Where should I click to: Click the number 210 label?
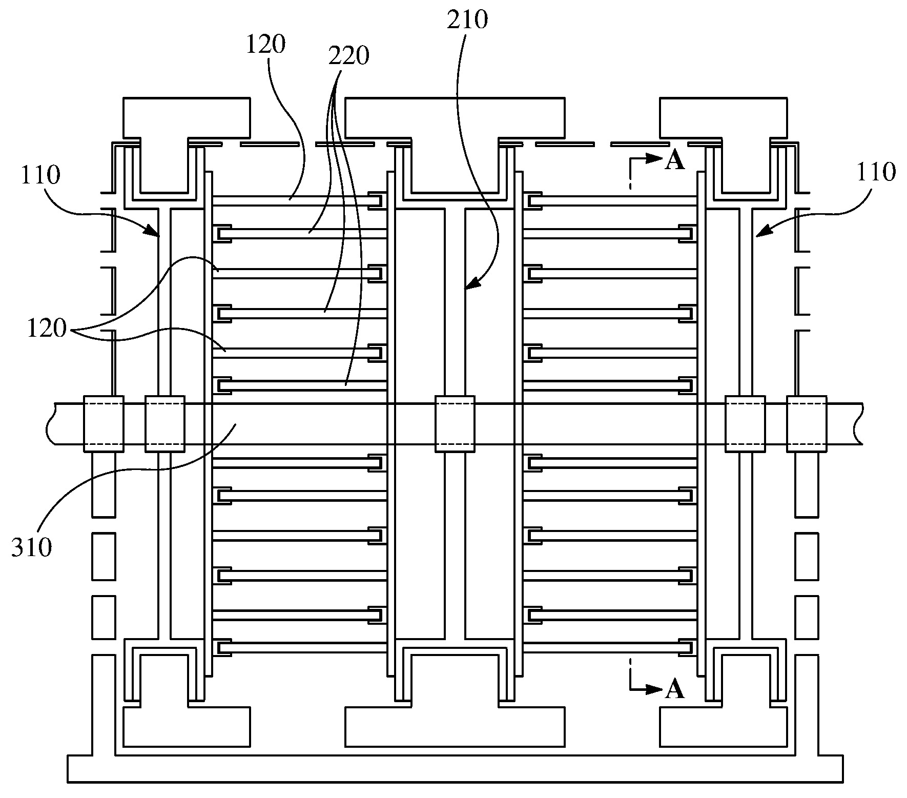pyautogui.click(x=467, y=20)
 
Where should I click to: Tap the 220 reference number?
pyautogui.click(x=348, y=56)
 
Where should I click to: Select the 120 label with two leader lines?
pyautogui.click(x=47, y=329)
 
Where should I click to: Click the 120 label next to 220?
pyautogui.click(x=265, y=45)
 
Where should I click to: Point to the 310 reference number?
pyautogui.click(x=32, y=548)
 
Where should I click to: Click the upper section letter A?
pyautogui.click(x=674, y=161)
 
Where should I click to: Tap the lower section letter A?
pyautogui.click(x=674, y=690)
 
